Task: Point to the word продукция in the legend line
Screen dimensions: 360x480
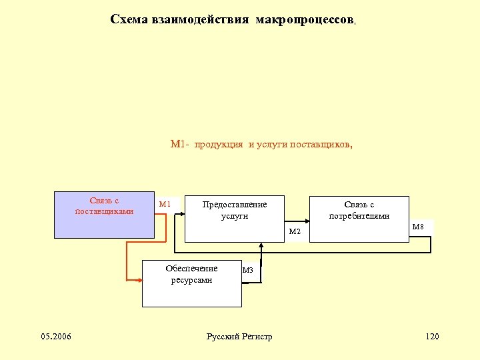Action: (219, 144)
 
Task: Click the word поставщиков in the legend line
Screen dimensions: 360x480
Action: (319, 144)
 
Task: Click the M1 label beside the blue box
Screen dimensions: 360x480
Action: (164, 204)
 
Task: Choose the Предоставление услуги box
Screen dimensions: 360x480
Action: (234, 219)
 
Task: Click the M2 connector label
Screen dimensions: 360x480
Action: (295, 231)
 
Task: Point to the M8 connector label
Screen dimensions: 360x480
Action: (418, 227)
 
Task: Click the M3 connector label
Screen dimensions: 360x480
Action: (248, 270)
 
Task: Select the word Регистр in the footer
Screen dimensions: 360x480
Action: (257, 337)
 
